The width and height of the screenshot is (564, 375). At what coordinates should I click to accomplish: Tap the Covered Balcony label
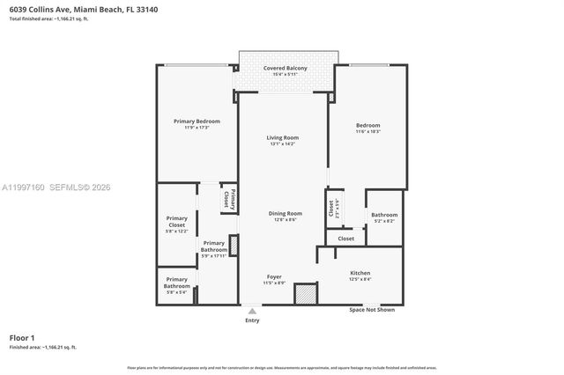(284, 68)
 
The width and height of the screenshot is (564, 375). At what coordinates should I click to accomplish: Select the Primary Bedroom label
(197, 121)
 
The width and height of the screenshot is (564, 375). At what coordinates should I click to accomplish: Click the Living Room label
(283, 137)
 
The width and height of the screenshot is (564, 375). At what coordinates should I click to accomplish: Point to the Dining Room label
(285, 213)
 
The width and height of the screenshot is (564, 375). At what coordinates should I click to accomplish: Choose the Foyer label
(274, 276)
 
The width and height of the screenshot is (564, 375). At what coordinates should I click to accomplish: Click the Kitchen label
(360, 274)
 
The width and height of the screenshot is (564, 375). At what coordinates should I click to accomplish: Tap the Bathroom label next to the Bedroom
(384, 215)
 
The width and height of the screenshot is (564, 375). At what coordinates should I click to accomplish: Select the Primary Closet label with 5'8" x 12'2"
(176, 222)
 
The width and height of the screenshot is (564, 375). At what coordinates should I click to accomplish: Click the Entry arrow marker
(252, 311)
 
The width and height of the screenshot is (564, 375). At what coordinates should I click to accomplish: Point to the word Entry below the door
(252, 320)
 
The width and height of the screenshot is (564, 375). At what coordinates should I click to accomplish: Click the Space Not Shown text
(371, 310)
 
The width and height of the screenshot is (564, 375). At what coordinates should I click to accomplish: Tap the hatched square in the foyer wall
(306, 293)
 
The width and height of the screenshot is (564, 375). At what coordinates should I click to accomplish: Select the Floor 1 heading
(22, 338)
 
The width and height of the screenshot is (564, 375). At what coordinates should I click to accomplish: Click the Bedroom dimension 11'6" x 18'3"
(367, 131)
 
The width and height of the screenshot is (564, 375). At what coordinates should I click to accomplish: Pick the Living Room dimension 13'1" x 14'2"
(283, 144)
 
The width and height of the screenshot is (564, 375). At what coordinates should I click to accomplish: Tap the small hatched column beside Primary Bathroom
(234, 246)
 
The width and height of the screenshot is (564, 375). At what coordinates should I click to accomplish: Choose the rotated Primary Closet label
(226, 199)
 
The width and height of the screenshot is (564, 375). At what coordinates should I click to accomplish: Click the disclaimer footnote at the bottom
(282, 367)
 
